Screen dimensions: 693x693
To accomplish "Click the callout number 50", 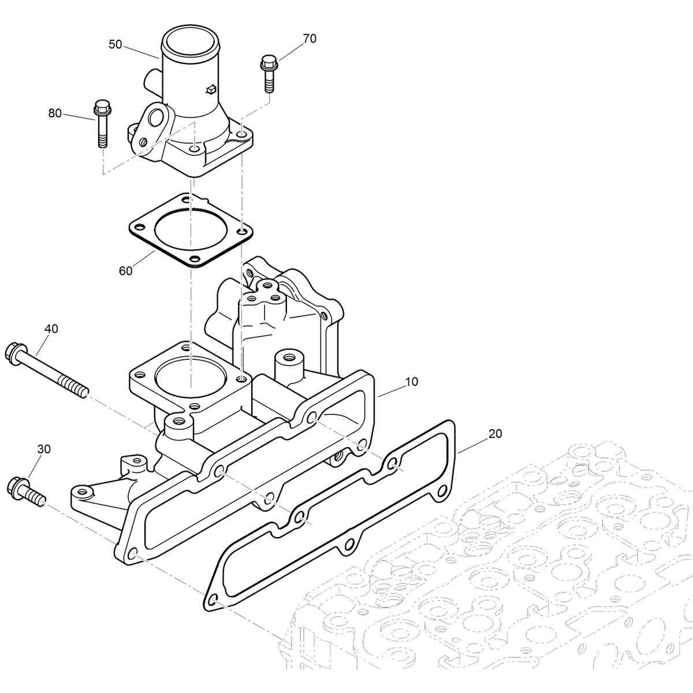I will coord(115,44).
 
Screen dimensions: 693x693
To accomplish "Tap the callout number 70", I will coord(310,39).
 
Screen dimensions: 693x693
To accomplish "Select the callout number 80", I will coord(55,114).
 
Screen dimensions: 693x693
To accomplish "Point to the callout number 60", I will coord(125,270).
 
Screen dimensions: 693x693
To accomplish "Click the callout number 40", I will coord(51,329).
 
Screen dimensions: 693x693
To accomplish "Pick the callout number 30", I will coord(44,449).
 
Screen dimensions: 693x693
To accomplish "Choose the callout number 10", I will coord(412,382).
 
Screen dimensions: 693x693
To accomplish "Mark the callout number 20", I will coord(495,433).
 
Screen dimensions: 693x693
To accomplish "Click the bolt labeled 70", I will coord(269,73).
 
